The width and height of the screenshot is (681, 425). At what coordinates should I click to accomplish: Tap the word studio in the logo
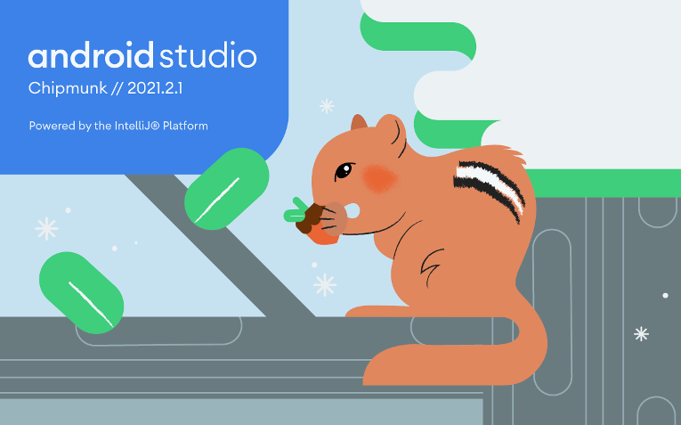pos(208,56)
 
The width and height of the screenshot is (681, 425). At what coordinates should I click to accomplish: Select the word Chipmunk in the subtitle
pos(61,89)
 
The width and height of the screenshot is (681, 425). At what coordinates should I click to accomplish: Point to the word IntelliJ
pos(136,126)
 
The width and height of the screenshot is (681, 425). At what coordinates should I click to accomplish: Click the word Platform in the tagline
pos(184,126)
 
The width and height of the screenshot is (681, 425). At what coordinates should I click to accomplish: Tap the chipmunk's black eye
pos(343,170)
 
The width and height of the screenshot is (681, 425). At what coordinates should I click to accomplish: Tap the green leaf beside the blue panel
pos(226,189)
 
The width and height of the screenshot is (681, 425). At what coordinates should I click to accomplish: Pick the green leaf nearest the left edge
pos(80,289)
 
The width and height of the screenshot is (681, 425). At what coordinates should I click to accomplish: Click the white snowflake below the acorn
pos(325,285)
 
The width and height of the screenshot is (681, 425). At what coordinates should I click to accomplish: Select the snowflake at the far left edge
pos(46,229)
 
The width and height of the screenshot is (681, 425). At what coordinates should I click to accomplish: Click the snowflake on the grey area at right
pos(641,334)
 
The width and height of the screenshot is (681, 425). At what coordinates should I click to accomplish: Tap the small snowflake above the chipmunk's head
pos(327,106)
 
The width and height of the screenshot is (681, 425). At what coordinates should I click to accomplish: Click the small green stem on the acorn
pos(293,215)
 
